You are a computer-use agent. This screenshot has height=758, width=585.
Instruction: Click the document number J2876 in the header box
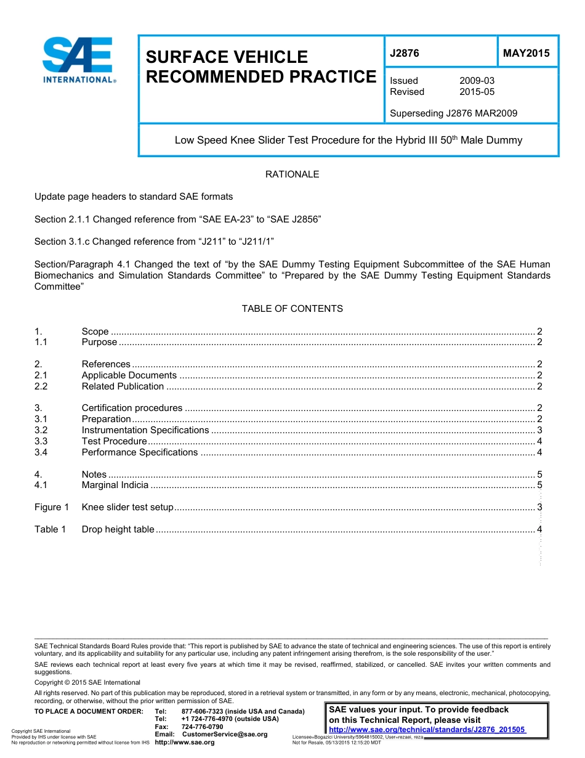(405, 53)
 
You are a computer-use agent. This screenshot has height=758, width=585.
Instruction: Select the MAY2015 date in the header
(526, 53)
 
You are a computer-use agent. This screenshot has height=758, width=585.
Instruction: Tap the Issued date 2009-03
(477, 81)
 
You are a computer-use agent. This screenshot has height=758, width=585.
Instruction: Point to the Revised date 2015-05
(477, 92)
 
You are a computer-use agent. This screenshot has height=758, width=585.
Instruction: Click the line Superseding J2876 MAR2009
(453, 113)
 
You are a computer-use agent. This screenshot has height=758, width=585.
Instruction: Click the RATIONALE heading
(292, 174)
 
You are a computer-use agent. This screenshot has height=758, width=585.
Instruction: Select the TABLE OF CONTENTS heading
(292, 309)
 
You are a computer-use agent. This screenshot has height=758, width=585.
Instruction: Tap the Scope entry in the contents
(95, 332)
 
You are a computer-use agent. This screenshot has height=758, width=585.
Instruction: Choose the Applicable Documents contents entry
(129, 375)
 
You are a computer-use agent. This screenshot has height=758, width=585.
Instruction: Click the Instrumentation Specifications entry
(145, 430)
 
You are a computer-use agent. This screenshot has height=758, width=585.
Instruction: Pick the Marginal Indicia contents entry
(115, 485)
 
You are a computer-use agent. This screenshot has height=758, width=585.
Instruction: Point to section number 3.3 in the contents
(41, 441)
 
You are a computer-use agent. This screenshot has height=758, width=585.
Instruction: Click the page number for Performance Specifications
(539, 452)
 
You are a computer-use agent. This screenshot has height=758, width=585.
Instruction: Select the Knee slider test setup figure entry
(127, 508)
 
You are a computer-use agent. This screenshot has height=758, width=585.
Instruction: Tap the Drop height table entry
(118, 529)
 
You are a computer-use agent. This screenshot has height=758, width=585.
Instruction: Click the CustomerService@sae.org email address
(225, 735)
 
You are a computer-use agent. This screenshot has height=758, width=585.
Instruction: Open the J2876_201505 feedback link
(427, 730)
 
